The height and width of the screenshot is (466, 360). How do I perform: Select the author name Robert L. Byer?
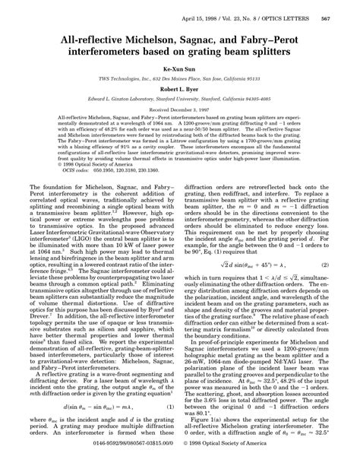(x=180, y=88)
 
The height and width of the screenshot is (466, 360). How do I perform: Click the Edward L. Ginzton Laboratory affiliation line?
(x=180, y=99)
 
